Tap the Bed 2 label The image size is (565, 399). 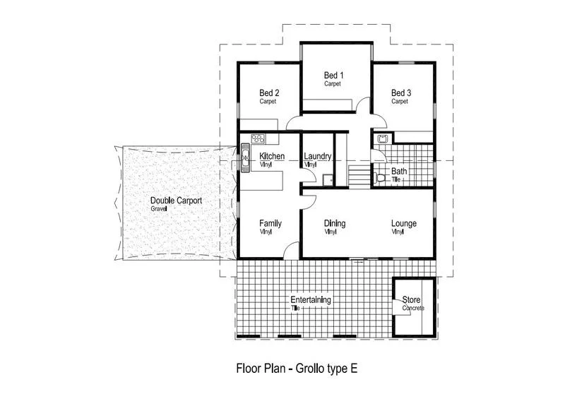[x=269, y=93]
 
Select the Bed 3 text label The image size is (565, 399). [x=400, y=93]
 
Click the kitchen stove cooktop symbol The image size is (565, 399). [x=256, y=138]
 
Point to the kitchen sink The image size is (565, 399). [x=245, y=156]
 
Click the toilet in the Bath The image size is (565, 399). [x=380, y=178]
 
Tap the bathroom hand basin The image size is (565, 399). [x=382, y=138]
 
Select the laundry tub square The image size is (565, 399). [x=326, y=179]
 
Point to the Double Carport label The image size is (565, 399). [x=176, y=201]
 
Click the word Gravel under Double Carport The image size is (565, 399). [x=158, y=209]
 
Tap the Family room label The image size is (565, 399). [x=270, y=223]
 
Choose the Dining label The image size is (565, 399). [x=335, y=224]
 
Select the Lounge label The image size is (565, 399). [x=404, y=224]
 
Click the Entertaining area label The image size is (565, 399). [x=311, y=300]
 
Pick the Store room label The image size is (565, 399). [x=412, y=300]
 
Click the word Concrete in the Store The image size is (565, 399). [x=413, y=309]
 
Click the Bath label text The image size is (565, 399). [x=399, y=171]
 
